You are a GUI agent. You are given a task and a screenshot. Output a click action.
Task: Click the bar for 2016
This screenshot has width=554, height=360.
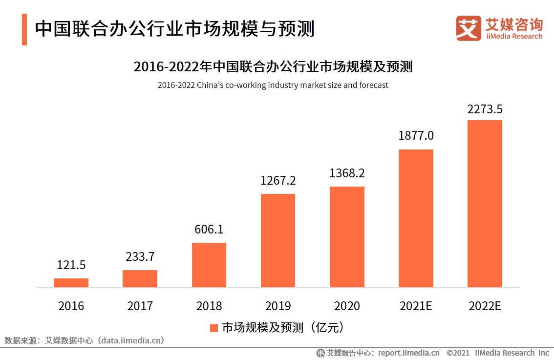coord(71,283)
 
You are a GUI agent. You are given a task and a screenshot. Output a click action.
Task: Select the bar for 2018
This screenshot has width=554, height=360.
coord(209,265)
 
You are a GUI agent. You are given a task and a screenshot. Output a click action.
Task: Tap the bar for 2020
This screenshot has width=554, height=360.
coord(347,237)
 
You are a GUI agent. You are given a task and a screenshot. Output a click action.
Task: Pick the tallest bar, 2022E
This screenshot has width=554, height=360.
coord(485,204)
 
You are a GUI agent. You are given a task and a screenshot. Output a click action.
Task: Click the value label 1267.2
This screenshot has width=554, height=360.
coord(278,181)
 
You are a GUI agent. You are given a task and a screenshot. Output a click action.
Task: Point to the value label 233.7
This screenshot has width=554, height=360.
coord(140,256)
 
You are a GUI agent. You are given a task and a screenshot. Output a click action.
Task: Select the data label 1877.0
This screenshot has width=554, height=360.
coord(416,136)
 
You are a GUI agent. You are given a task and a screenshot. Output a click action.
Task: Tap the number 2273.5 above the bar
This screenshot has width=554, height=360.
coord(485,109)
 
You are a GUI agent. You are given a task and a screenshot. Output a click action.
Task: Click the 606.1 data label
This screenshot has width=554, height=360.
coord(209,229)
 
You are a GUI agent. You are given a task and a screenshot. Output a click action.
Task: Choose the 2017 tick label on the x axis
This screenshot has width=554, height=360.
coord(140,306)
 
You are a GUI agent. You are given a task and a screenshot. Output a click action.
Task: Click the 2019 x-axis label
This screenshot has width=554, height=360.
coord(278,306)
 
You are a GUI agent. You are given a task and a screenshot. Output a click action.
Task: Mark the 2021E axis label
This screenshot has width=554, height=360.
coord(416,306)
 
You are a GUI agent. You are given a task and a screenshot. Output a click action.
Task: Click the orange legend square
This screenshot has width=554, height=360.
coord(213,328)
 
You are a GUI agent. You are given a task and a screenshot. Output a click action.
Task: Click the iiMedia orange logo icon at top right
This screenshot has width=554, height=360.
coord(469,28)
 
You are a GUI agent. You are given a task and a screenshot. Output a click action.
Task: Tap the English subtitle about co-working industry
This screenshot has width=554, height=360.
coord(273,85)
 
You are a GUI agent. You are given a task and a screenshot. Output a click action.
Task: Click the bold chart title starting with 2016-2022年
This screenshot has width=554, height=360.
coord(273,66)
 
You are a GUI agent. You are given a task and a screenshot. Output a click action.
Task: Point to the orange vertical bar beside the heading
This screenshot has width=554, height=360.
coord(24,29)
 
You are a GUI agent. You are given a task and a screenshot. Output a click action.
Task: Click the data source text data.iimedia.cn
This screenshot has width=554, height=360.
coord(131,340)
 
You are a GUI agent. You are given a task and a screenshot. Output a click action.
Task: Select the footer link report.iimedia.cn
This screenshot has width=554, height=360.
coord(408,353)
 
